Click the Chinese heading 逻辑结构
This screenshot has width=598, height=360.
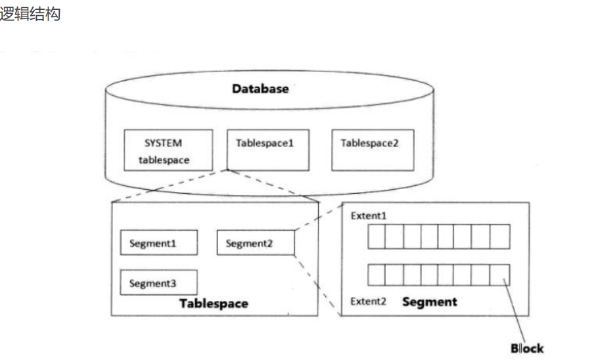pos(30,14)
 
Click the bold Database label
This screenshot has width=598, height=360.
pos(260,89)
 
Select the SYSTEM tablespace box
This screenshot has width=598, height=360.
pos(168,150)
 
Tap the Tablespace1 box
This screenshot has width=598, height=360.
pos(268,150)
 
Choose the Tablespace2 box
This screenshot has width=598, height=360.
pos(373,150)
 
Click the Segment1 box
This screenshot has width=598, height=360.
pos(159,242)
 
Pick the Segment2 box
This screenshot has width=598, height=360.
pos(256,242)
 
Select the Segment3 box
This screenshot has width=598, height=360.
pos(158,282)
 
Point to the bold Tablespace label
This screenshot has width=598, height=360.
pos(214,304)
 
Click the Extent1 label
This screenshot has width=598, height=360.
pos(369,216)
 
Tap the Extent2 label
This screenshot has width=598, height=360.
pos(368,302)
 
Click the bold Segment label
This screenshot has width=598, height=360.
pos(430,302)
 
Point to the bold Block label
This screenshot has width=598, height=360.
pos(528,348)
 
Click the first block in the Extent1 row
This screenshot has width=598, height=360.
pos(377,236)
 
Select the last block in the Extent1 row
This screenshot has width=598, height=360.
pos(500,236)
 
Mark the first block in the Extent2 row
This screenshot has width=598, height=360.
pos(377,275)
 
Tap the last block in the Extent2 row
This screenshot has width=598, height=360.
pos(500,275)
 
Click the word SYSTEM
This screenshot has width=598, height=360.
pos(163,143)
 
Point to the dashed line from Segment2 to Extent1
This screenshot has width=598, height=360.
pos(319,217)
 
